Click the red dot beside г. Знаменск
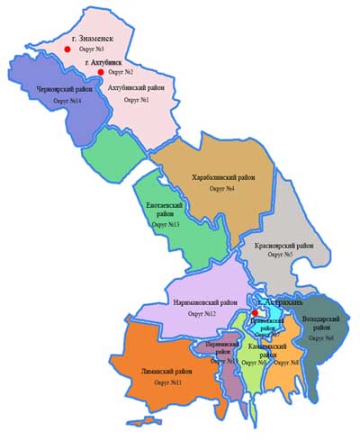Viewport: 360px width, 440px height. (65, 54)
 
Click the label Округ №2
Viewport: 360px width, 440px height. (120, 71)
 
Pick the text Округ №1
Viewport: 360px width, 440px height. (132, 99)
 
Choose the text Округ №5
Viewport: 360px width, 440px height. (284, 256)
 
